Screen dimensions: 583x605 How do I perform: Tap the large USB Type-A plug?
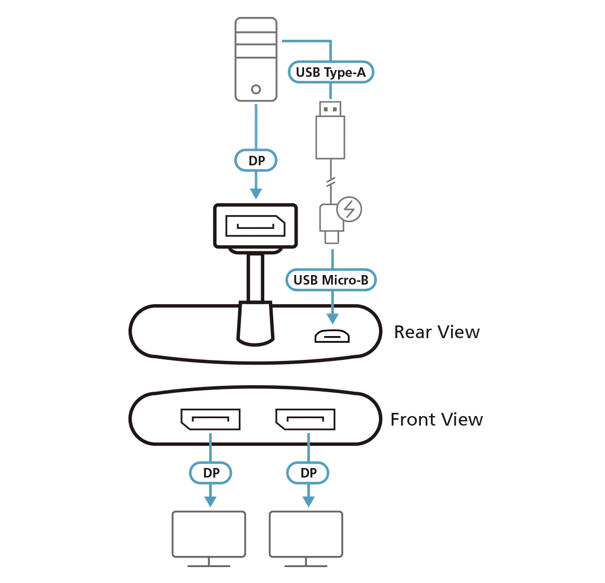(x=331, y=130)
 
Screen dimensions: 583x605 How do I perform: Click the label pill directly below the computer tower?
(x=256, y=160)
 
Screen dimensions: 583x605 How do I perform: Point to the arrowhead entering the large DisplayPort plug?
(x=256, y=192)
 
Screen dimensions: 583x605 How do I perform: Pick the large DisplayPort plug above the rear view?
(x=256, y=225)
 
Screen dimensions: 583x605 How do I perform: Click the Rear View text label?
(x=437, y=332)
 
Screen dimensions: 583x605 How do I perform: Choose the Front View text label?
(x=437, y=420)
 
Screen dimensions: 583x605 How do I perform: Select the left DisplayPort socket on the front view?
(x=210, y=419)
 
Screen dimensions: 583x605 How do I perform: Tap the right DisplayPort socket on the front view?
(x=304, y=419)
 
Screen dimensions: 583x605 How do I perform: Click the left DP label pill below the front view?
(x=210, y=472)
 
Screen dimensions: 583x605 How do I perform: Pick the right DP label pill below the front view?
(x=308, y=472)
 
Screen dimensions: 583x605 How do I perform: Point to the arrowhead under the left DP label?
(x=211, y=501)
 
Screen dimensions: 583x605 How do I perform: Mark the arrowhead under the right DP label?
(x=308, y=501)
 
